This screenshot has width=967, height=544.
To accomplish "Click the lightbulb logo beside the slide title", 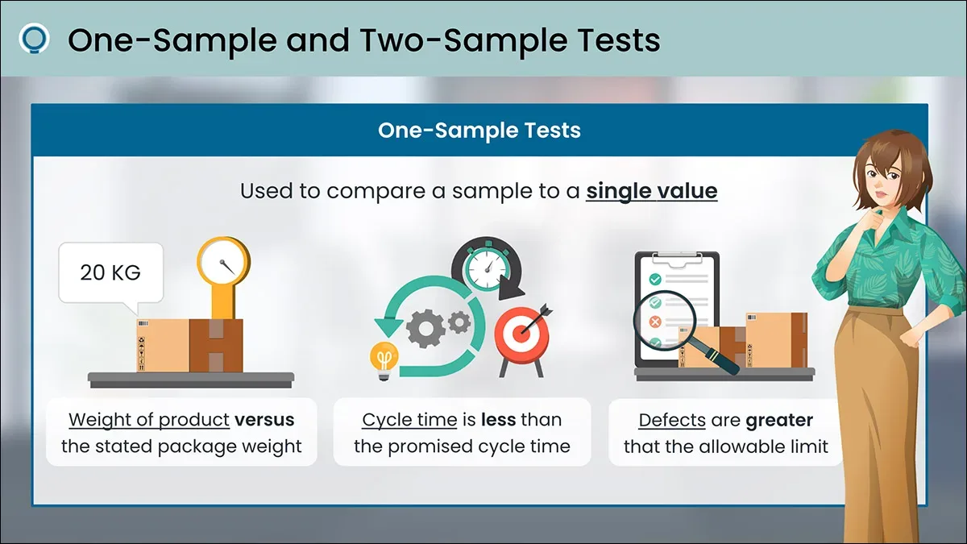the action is [34, 39].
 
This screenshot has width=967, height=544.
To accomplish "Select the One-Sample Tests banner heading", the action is [479, 130].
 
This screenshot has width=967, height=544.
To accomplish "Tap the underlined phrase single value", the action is [651, 191].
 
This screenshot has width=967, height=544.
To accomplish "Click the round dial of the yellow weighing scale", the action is [224, 262].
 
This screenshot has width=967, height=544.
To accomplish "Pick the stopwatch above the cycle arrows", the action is [488, 268].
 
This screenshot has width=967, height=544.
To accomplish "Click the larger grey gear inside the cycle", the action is [425, 329].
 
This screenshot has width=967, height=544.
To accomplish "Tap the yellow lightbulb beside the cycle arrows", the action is [384, 360].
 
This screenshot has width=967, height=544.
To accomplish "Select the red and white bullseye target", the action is [521, 334].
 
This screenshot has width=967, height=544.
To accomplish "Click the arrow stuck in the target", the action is [537, 318].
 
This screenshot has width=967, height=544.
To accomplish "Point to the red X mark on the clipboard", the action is [655, 322].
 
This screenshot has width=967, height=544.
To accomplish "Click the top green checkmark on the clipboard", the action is [655, 280].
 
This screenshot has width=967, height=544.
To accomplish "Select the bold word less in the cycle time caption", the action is [498, 420].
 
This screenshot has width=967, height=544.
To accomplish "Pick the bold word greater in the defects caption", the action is [779, 421].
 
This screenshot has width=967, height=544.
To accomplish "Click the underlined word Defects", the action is [672, 420].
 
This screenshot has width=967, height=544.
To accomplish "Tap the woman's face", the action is [883, 181].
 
